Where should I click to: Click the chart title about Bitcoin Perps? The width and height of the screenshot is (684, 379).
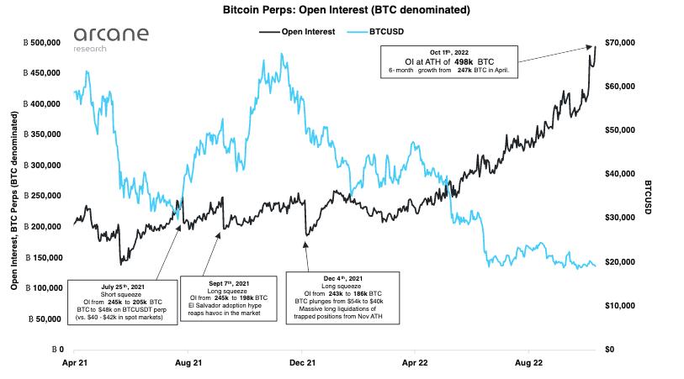(x=347, y=9)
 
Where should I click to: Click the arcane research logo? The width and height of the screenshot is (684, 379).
(x=111, y=39)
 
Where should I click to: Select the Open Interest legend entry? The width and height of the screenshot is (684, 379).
(x=297, y=32)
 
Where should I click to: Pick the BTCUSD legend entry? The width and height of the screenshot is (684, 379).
(x=375, y=32)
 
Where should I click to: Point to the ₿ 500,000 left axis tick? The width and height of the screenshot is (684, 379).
(x=42, y=43)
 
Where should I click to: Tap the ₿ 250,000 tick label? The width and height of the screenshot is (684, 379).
(x=42, y=196)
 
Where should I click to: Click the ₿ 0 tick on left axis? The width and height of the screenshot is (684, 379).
(x=57, y=350)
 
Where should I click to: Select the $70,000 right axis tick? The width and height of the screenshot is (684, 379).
(x=620, y=43)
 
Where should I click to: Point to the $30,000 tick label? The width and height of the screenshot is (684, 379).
(x=620, y=218)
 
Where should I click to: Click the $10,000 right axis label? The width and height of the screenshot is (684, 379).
(x=620, y=306)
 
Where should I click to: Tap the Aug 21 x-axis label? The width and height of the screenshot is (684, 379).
(x=188, y=363)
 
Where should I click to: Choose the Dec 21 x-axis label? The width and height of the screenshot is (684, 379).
(x=302, y=363)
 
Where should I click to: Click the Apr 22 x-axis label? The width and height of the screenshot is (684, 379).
(x=415, y=363)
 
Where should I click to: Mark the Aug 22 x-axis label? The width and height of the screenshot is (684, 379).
(x=528, y=363)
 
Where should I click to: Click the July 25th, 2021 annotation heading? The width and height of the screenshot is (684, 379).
(x=123, y=287)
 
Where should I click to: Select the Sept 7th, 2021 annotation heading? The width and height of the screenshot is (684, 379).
(x=229, y=283)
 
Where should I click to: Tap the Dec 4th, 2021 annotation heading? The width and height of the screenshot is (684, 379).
(x=343, y=278)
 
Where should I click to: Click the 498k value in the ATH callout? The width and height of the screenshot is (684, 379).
(x=464, y=62)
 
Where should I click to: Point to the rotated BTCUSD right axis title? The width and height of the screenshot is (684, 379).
(x=648, y=197)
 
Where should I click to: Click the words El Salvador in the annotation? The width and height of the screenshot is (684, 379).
(x=203, y=306)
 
